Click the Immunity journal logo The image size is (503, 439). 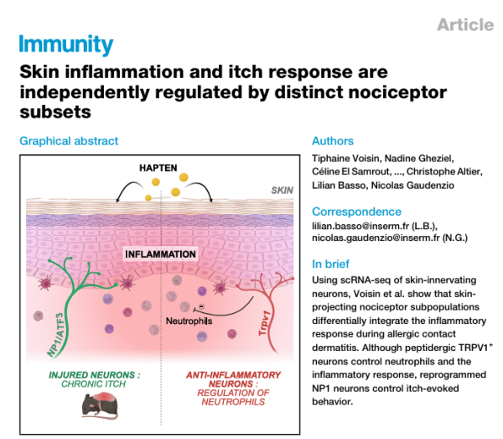(65, 44)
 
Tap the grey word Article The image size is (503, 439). (465, 24)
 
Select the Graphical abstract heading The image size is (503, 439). (69, 141)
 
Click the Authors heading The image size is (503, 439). (333, 141)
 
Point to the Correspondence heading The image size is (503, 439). (356, 212)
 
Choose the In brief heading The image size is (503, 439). (330, 264)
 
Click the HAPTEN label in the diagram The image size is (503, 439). (158, 168)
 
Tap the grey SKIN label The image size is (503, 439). (283, 191)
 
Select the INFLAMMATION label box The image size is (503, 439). (160, 254)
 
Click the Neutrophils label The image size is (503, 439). (189, 321)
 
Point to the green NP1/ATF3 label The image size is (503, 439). (56, 335)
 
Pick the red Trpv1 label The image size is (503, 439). (265, 323)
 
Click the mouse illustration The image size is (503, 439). (100, 406)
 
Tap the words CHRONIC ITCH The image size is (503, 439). (93, 384)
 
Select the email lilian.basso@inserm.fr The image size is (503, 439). (360, 226)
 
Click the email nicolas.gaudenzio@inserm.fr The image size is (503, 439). (376, 238)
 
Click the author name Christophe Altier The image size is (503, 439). (443, 172)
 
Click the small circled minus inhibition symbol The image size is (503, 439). (201, 306)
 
